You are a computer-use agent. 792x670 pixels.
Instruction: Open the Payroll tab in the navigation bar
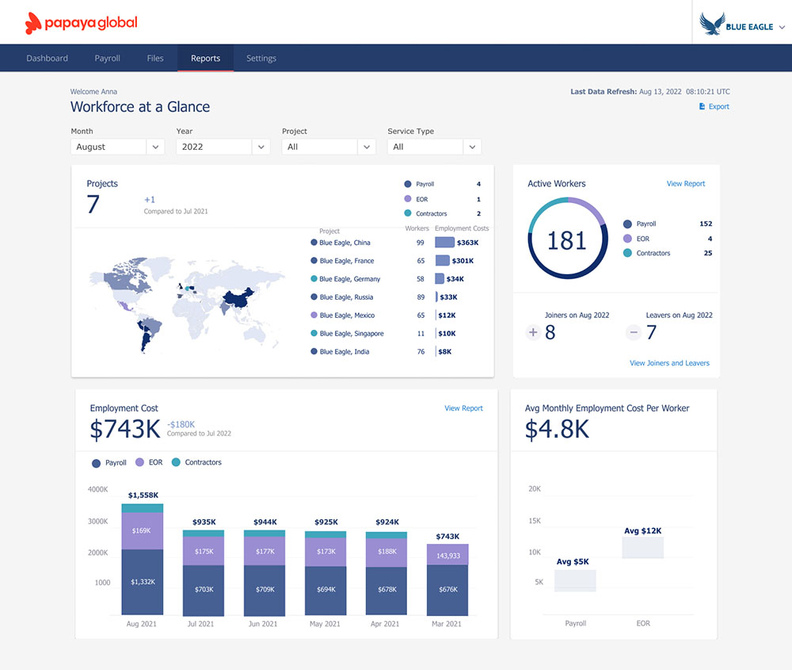click(x=107, y=59)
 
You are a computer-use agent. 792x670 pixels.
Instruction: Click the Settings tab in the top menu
click(x=261, y=59)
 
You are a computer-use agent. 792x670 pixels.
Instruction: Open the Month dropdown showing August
click(x=117, y=147)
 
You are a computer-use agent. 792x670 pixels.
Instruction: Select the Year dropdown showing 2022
click(x=223, y=147)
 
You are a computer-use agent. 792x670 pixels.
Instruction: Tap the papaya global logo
click(x=82, y=23)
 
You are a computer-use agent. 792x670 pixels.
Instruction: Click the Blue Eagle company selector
click(x=742, y=26)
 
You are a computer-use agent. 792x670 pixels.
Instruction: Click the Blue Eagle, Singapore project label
click(x=351, y=334)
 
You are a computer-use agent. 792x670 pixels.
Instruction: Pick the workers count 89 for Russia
click(x=421, y=297)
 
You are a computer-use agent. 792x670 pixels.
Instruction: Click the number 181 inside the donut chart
click(x=567, y=240)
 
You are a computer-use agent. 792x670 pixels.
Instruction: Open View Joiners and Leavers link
click(x=669, y=363)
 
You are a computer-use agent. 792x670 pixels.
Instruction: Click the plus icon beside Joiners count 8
click(x=532, y=333)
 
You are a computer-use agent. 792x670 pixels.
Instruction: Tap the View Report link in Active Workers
click(x=685, y=184)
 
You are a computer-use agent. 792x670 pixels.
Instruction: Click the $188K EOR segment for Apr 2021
click(x=386, y=552)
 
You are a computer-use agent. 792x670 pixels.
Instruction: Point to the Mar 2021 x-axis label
click(x=446, y=624)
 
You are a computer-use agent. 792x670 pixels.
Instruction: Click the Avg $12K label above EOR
click(x=642, y=530)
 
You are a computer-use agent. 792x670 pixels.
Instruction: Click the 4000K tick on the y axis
click(x=98, y=490)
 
